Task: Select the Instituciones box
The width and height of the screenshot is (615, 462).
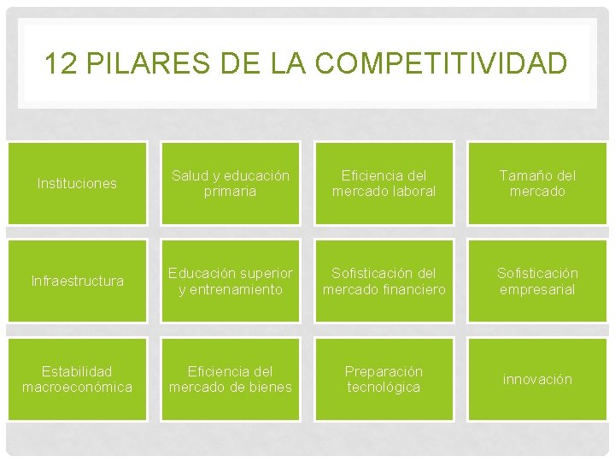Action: click(x=77, y=183)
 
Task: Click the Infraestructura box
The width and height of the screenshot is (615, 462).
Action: click(x=77, y=281)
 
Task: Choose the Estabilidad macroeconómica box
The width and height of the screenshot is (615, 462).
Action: click(x=77, y=379)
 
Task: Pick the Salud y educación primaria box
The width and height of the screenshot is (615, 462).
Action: click(x=231, y=183)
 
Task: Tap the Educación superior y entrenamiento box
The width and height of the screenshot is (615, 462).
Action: click(x=231, y=281)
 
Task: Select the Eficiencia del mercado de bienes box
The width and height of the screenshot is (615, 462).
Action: click(x=231, y=379)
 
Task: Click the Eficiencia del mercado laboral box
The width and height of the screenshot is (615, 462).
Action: click(x=384, y=183)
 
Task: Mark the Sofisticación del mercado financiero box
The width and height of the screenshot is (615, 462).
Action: click(x=384, y=281)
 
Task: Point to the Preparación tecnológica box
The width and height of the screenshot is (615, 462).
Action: click(x=384, y=379)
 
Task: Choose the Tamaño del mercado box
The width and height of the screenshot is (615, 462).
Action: click(x=537, y=183)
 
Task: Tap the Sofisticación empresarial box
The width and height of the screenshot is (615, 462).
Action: click(x=537, y=281)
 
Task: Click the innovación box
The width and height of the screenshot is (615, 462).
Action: click(x=537, y=379)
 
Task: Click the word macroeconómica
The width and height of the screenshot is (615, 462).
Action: click(x=77, y=388)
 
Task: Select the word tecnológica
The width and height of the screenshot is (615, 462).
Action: click(x=384, y=388)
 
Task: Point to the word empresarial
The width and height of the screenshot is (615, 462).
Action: click(x=537, y=289)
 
